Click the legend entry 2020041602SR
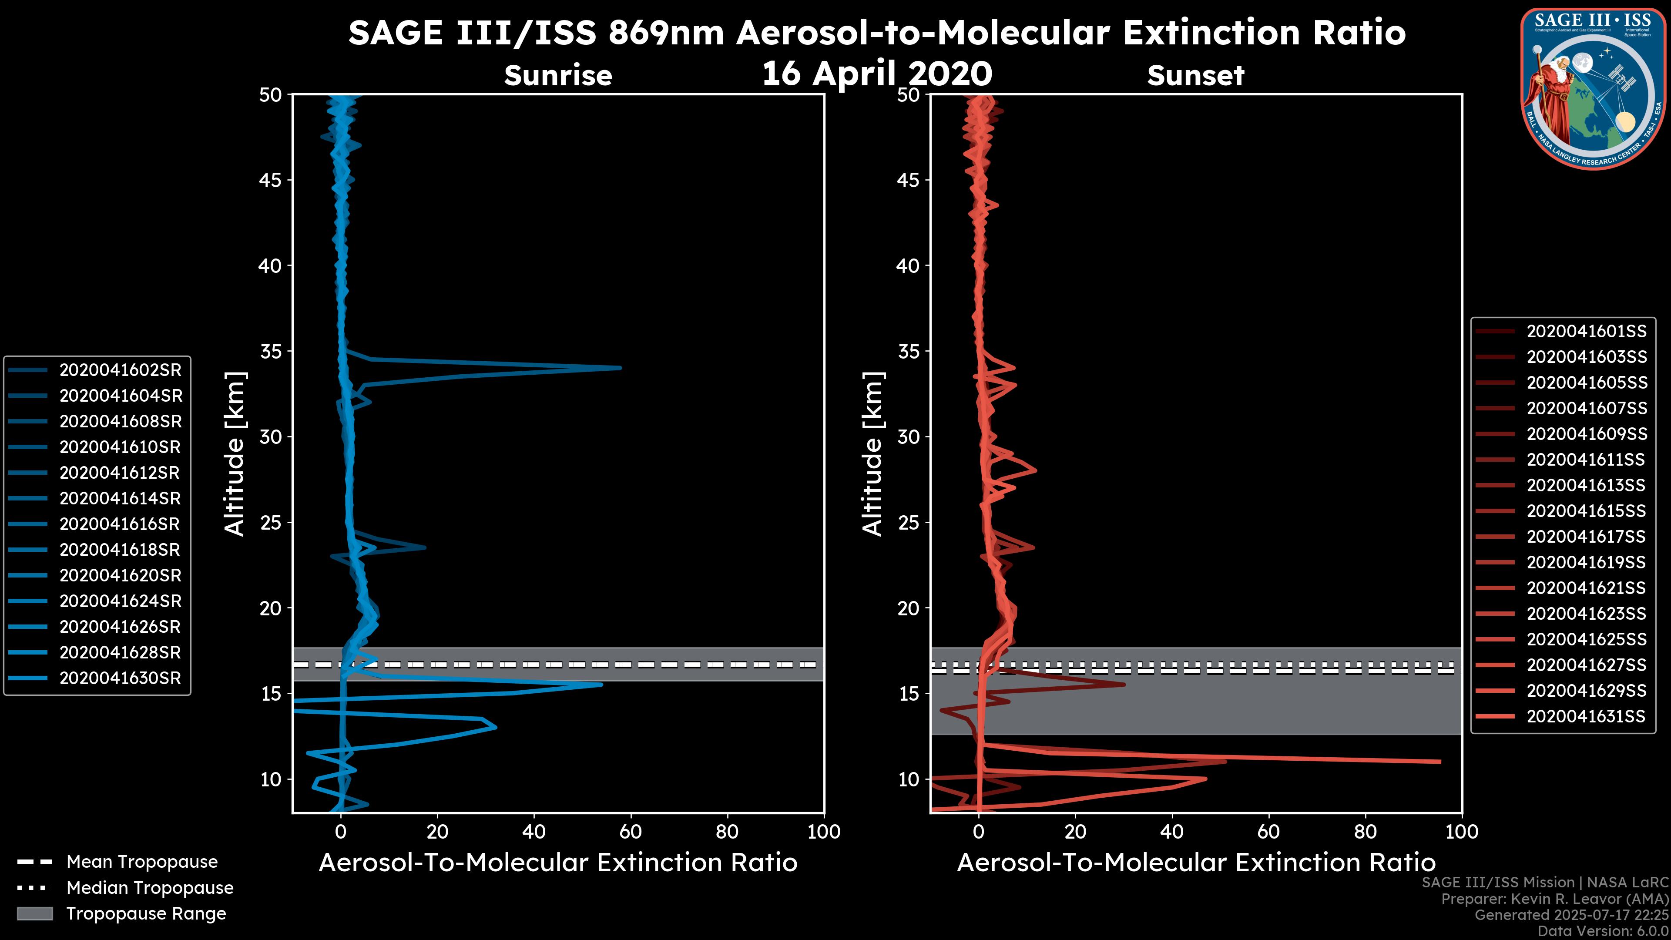click(120, 370)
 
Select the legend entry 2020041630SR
click(120, 678)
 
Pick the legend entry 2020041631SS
click(1585, 716)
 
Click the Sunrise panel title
click(558, 75)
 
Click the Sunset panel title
click(1195, 75)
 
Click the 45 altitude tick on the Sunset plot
click(908, 180)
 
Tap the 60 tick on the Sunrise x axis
click(631, 832)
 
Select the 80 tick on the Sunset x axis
click(1366, 832)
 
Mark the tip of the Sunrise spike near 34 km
click(620, 368)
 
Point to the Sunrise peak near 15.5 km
click(601, 685)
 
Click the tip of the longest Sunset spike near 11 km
click(1440, 762)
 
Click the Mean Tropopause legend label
click(142, 862)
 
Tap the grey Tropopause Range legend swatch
click(34, 913)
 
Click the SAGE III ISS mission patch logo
click(1592, 88)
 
